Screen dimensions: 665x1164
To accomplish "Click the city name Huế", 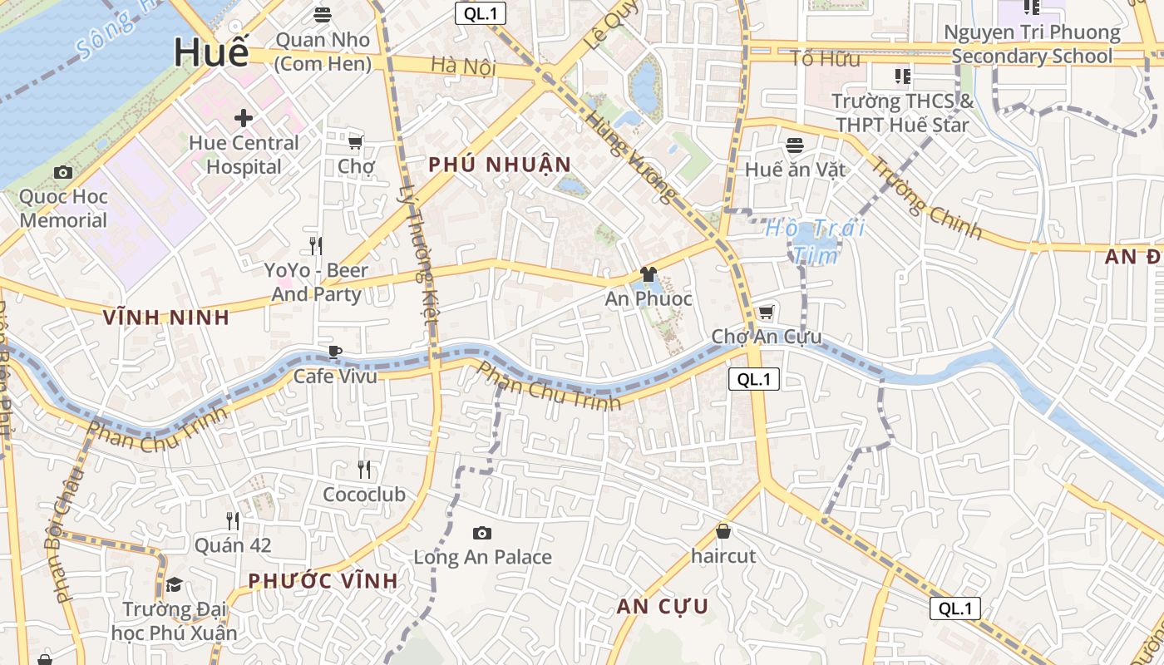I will [x=211, y=52].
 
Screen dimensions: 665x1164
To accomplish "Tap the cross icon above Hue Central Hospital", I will [x=243, y=118].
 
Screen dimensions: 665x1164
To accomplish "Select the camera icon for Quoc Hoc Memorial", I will [x=62, y=173].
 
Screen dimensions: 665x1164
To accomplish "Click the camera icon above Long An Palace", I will [x=481, y=533].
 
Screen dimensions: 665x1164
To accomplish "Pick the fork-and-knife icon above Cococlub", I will [x=364, y=470].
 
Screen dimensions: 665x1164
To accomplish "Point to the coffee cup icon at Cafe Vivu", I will [x=335, y=352].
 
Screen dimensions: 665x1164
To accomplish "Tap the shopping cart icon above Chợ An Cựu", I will [x=766, y=313].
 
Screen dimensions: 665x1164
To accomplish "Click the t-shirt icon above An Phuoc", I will [x=649, y=274].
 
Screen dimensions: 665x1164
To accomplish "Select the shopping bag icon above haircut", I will [x=723, y=530].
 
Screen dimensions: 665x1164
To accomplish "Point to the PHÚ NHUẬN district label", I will [x=500, y=165].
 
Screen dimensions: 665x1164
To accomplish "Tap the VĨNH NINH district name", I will [x=165, y=317].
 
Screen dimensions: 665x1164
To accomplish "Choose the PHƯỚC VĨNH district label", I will [x=323, y=580].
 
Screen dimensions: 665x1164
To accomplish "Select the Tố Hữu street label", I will [x=825, y=58].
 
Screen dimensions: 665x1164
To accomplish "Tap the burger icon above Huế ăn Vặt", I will [x=794, y=145].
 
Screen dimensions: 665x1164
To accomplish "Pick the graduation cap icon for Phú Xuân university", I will [x=174, y=584].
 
